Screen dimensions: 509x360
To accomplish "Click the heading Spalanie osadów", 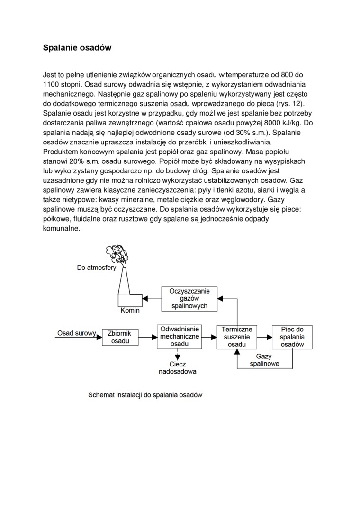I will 77,48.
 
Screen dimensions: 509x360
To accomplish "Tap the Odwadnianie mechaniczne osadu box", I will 179,336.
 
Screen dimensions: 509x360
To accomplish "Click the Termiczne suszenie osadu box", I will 236,337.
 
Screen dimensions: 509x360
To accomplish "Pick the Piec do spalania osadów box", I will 292,337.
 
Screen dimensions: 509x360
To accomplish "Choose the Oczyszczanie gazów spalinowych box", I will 189,298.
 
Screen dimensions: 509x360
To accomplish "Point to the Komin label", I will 130,311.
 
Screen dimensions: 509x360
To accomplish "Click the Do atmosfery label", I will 97,268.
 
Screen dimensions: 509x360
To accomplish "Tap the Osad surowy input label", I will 77,333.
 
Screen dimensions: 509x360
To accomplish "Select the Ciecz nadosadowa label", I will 177,368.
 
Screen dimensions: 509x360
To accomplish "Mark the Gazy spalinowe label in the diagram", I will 264,360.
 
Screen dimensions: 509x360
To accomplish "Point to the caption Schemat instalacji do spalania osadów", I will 145,395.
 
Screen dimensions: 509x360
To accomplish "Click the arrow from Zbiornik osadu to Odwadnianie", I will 148,337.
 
